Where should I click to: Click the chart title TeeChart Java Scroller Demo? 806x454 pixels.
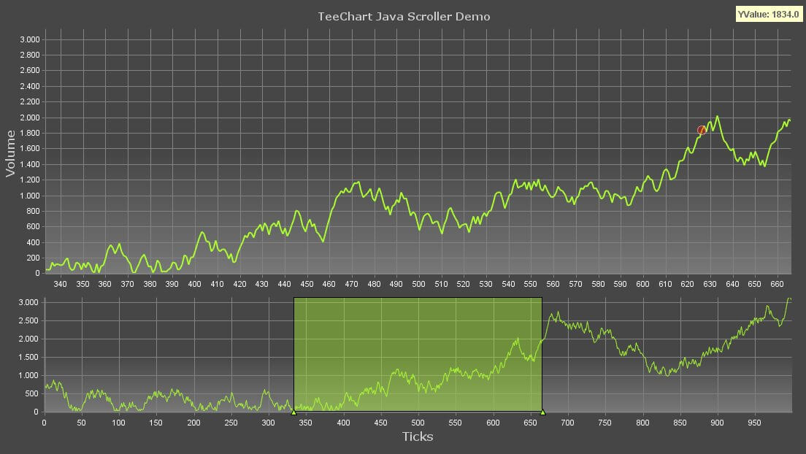(x=404, y=16)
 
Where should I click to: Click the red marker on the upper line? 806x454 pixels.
(x=702, y=131)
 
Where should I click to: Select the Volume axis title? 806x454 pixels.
(x=11, y=153)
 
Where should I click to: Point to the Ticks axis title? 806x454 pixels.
(x=418, y=436)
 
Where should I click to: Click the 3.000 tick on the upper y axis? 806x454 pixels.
(x=30, y=39)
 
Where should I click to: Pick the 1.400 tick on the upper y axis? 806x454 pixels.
(x=30, y=164)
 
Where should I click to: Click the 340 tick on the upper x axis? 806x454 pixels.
(x=60, y=285)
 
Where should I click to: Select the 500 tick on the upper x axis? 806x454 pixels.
(x=418, y=285)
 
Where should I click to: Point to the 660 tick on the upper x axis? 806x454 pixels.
(x=777, y=285)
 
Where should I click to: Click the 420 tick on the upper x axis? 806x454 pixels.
(x=239, y=285)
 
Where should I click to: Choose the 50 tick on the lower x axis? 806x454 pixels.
(x=81, y=422)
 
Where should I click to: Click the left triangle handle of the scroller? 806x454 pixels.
(x=293, y=412)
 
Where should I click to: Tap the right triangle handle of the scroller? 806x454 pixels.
(x=542, y=412)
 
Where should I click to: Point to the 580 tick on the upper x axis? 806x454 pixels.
(x=598, y=285)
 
